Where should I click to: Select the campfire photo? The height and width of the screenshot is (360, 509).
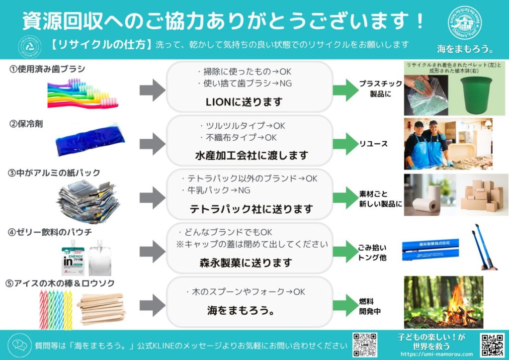[443, 302]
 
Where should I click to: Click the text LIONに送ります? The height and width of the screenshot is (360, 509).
[244, 101]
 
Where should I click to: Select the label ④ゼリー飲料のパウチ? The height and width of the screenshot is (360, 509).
[50, 232]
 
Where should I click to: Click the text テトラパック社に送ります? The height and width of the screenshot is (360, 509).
[252, 209]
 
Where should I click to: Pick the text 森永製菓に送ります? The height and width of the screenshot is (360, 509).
[246, 262]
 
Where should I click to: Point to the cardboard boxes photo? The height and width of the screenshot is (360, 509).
[482, 195]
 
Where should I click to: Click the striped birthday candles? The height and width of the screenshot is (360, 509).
[55, 306]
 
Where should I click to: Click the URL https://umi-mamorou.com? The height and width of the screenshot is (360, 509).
[431, 354]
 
